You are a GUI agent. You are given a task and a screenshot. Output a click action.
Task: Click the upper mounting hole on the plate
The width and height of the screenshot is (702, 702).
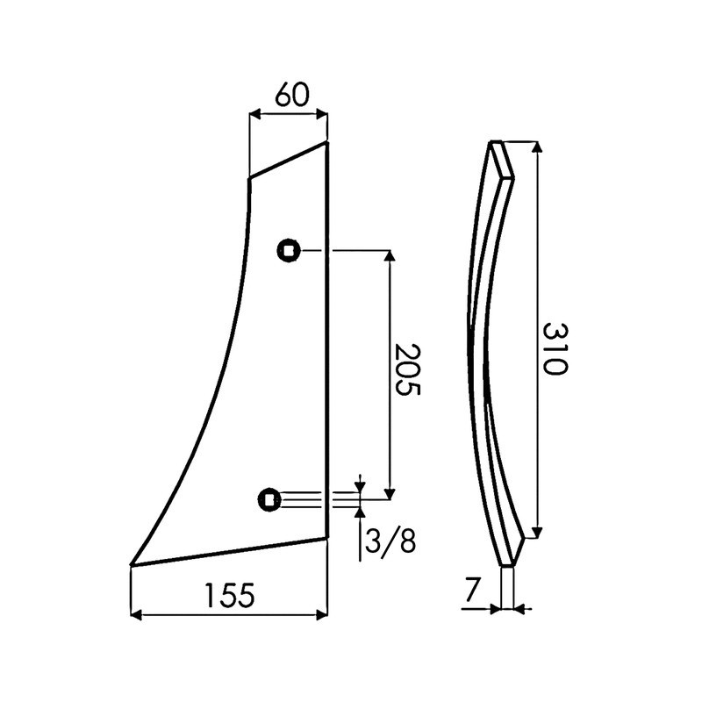click(x=288, y=251)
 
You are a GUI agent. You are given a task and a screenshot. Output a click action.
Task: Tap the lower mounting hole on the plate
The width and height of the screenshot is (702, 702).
click(x=269, y=500)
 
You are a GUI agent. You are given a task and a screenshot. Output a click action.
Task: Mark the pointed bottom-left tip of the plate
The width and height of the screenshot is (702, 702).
click(x=133, y=564)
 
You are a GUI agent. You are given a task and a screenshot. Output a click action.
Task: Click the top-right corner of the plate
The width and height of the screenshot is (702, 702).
click(x=327, y=144)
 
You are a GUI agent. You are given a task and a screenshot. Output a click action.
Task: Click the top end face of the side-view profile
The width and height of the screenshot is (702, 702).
click(x=502, y=157)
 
